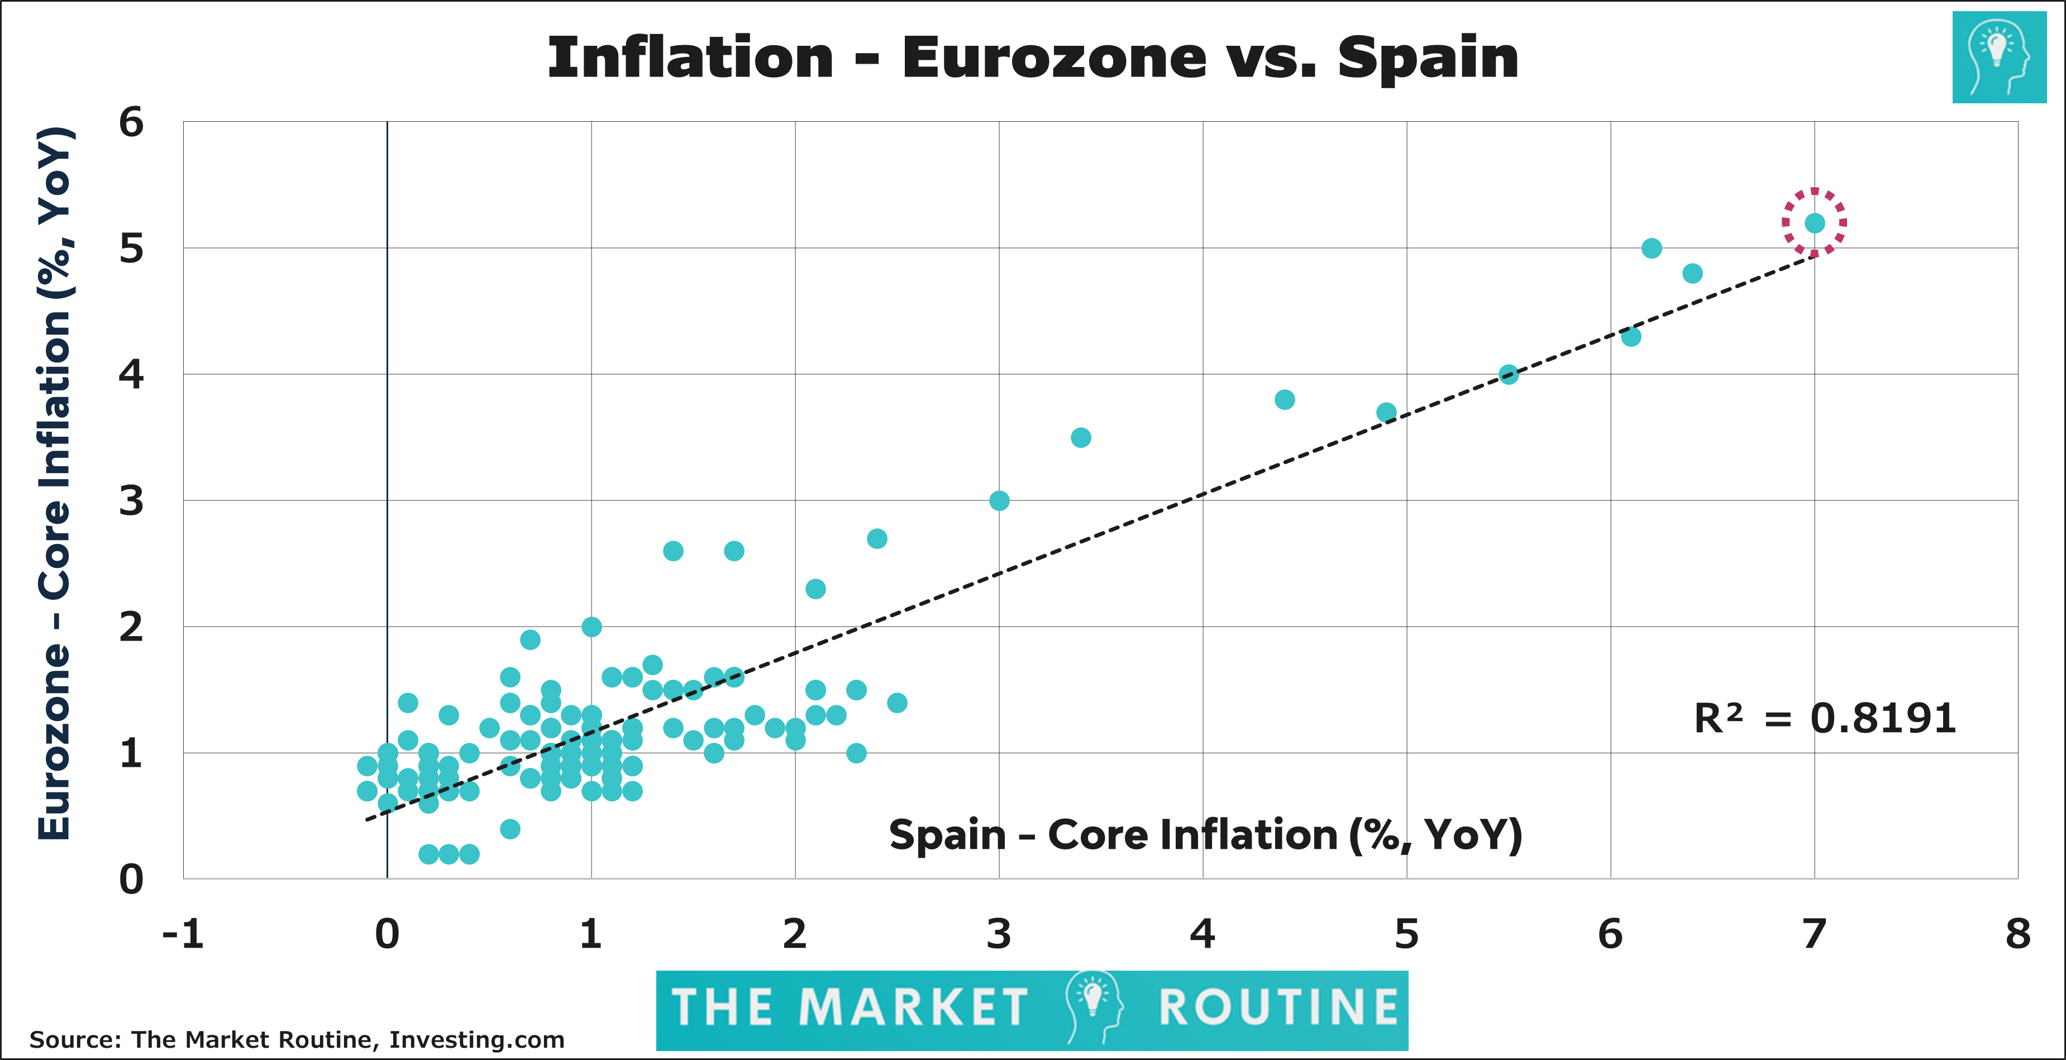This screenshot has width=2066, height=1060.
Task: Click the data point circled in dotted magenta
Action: click(x=1814, y=223)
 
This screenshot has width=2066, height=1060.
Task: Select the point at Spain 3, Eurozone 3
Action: click(x=999, y=500)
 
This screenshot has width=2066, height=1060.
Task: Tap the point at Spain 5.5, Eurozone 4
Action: click(x=1509, y=374)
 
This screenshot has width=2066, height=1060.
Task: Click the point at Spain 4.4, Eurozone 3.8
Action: click(x=1284, y=399)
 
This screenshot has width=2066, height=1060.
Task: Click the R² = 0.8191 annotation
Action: click(x=1825, y=718)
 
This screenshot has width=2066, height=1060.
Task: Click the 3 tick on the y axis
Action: click(x=131, y=501)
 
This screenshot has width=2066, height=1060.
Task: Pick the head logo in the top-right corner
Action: click(x=1998, y=57)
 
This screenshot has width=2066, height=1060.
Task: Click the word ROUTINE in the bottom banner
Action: click(x=1278, y=1008)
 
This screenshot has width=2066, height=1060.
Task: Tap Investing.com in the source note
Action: click(x=476, y=1040)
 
